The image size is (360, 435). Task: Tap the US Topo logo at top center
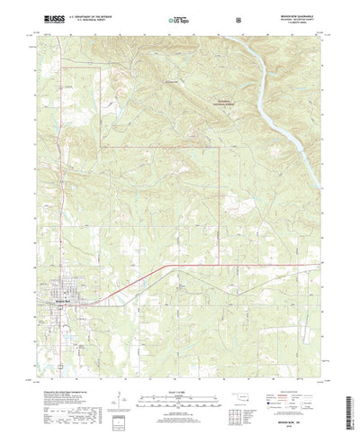[x=178, y=18]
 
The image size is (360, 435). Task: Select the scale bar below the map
[x=179, y=375]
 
